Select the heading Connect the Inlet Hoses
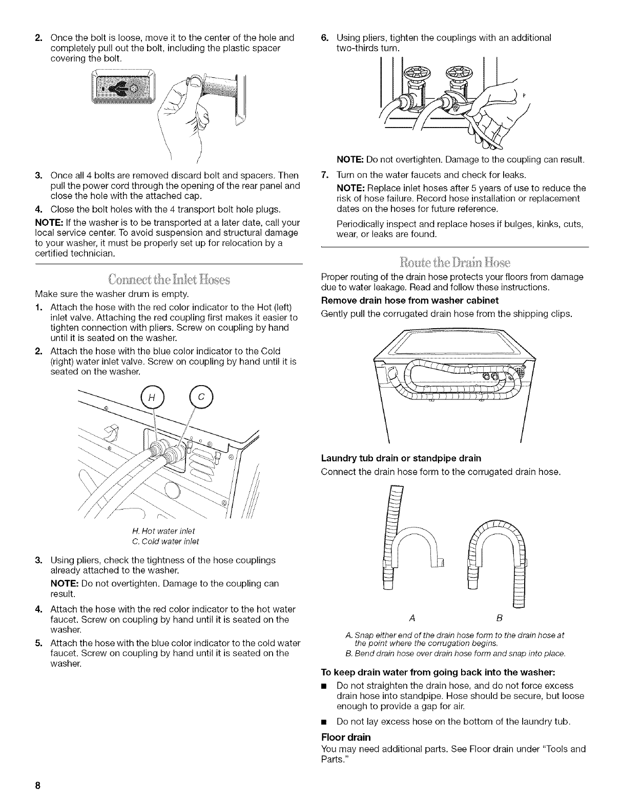(170, 280)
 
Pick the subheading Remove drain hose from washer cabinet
(409, 300)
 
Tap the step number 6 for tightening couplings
(324, 37)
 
